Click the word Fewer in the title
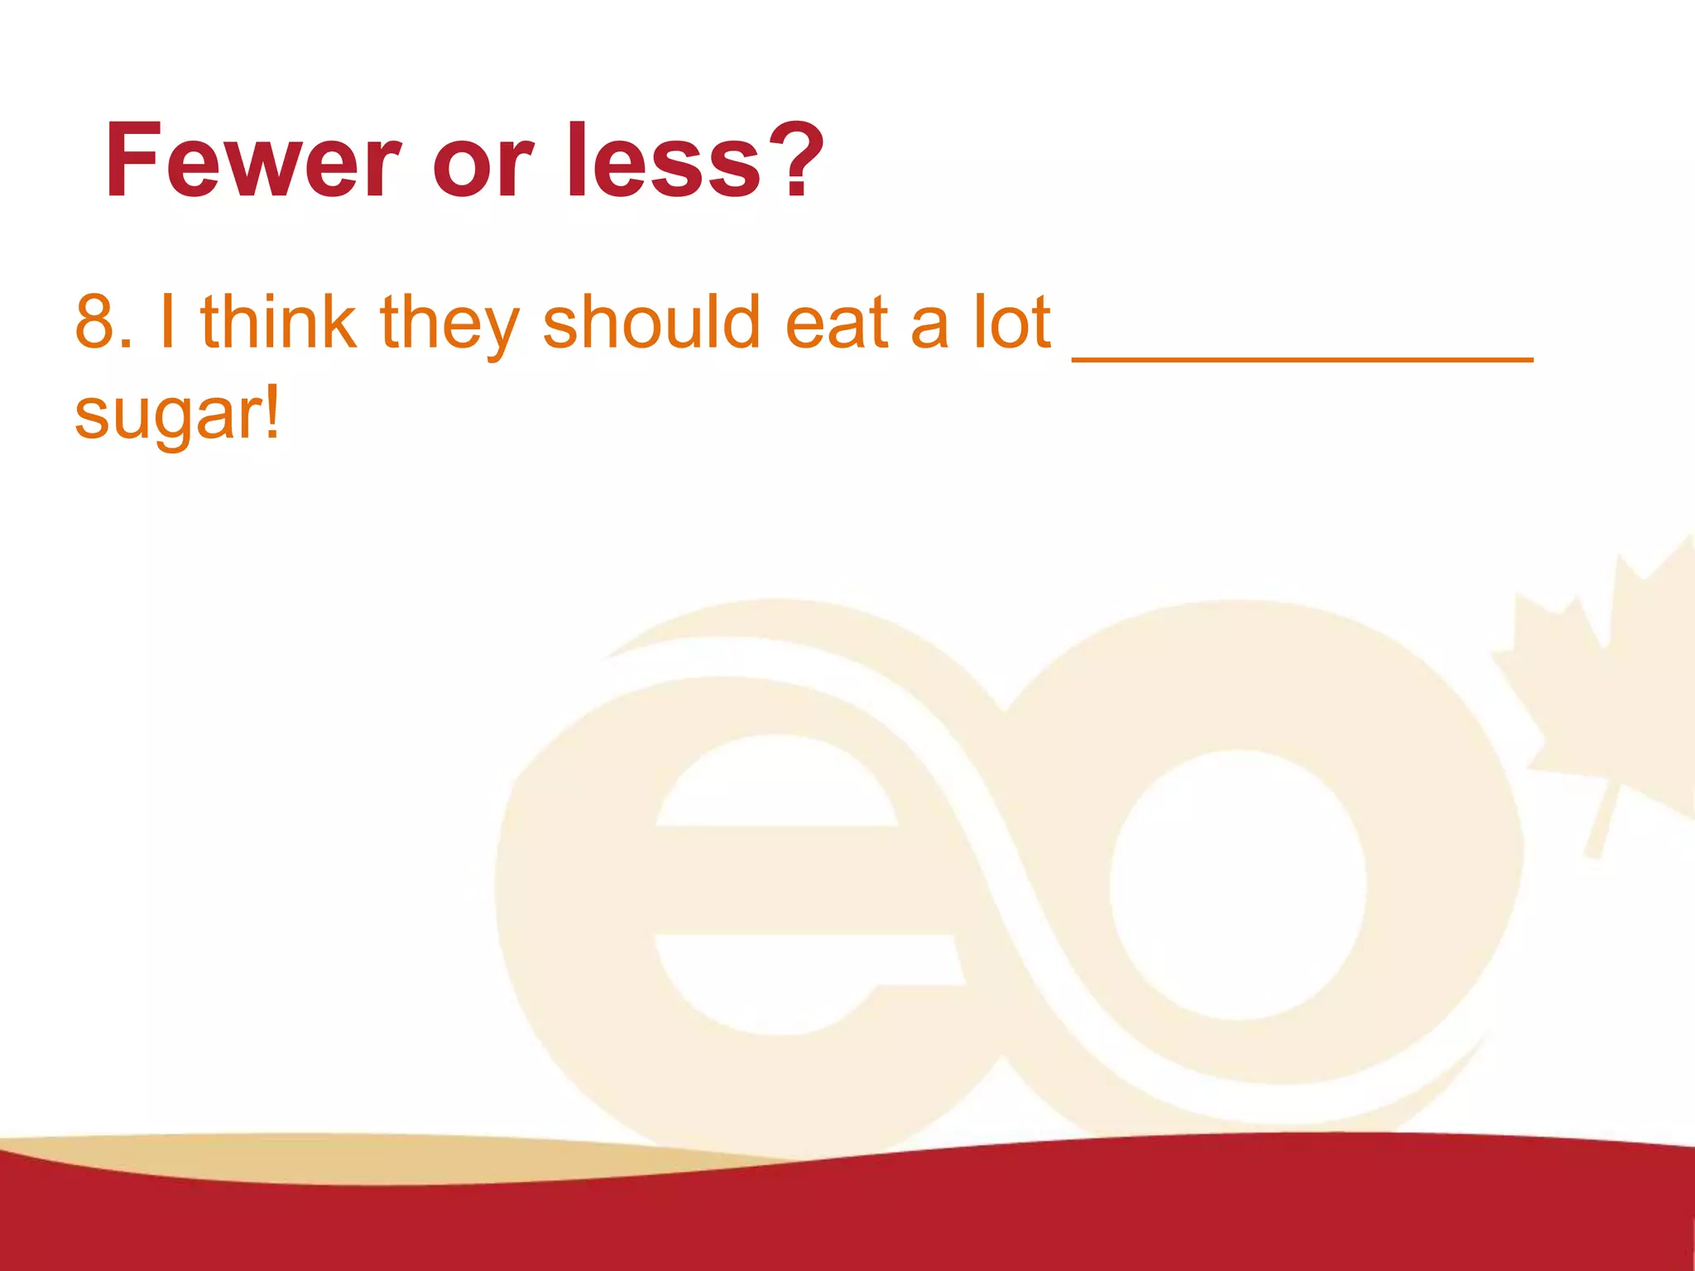tap(252, 161)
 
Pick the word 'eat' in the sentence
tap(837, 323)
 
